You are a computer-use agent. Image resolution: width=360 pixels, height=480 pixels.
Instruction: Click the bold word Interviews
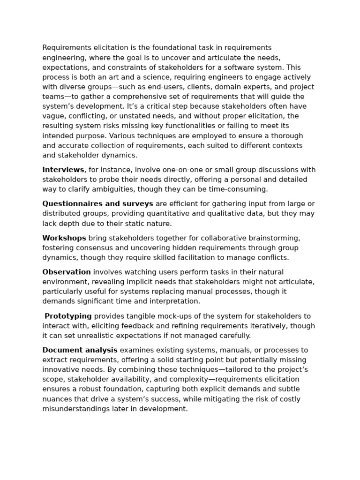[x=63, y=170]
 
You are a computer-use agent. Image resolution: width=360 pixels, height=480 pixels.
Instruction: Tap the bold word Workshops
[x=64, y=238]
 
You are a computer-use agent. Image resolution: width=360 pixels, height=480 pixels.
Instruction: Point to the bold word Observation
[x=67, y=272]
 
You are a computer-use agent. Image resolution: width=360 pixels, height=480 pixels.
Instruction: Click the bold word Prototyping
[x=68, y=316]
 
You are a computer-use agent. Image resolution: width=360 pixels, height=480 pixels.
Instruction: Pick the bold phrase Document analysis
[x=80, y=350]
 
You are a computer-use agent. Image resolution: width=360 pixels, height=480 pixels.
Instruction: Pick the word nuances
[x=57, y=399]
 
